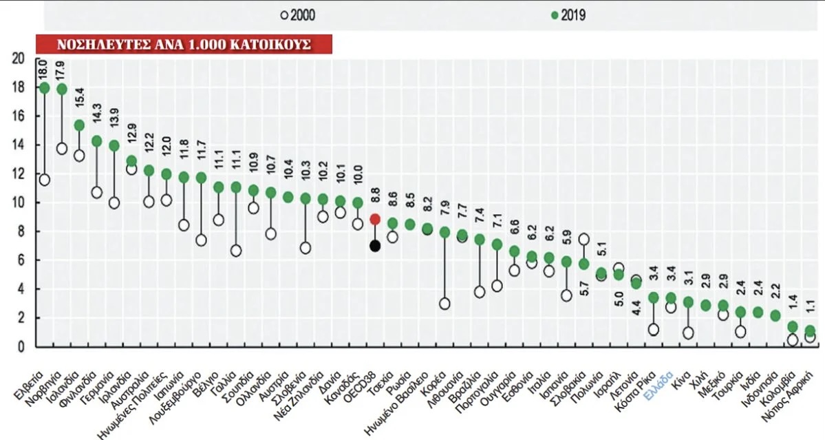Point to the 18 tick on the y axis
pyautogui.click(x=19, y=88)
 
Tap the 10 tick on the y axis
pyautogui.click(x=19, y=203)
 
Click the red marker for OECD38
pyautogui.click(x=375, y=219)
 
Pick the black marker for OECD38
pyautogui.click(x=375, y=246)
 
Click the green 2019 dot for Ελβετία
pyautogui.click(x=45, y=87)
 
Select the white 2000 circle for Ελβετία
pyautogui.click(x=45, y=180)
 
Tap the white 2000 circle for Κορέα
pyautogui.click(x=444, y=304)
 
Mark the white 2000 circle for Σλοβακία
pyautogui.click(x=583, y=240)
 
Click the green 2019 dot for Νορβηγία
pyautogui.click(x=62, y=89)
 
